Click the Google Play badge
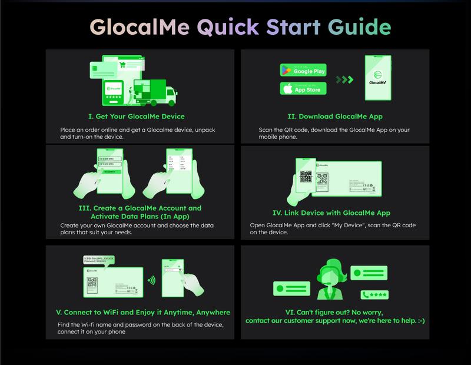coord(303,71)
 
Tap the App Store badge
coord(303,89)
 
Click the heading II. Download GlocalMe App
coord(335,116)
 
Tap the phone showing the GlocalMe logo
coord(381,79)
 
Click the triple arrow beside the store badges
coord(344,79)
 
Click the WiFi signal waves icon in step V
coord(151,280)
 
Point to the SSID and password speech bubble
coord(99,260)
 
